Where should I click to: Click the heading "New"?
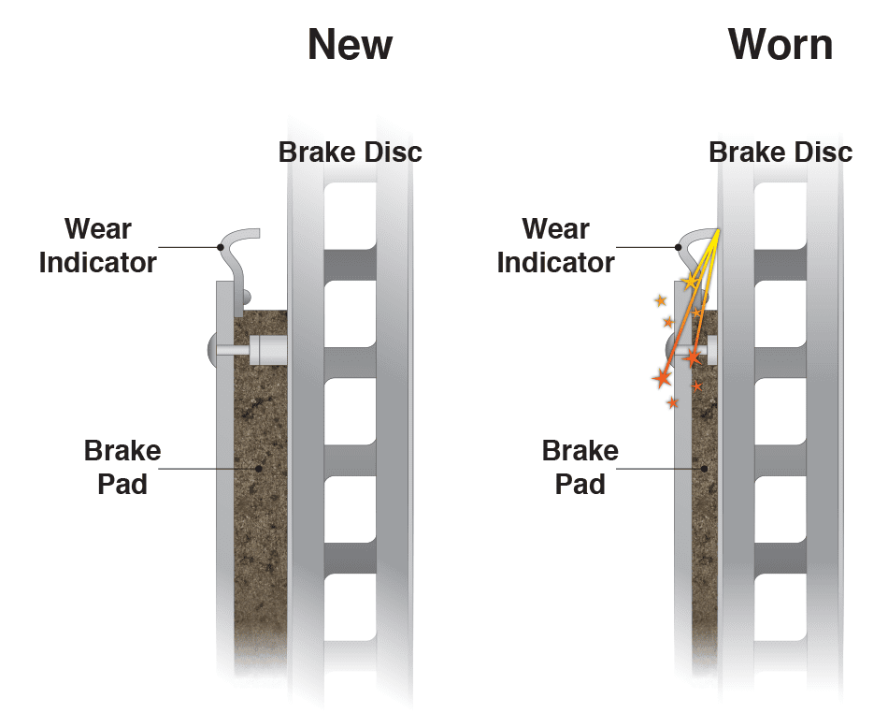[350, 45]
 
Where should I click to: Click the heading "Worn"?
[781, 45]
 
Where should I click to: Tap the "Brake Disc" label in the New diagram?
[351, 152]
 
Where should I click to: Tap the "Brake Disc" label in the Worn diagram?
[781, 152]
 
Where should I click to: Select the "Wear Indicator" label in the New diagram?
[97, 245]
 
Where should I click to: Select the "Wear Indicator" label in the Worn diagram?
[555, 245]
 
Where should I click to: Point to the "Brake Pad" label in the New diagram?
[122, 467]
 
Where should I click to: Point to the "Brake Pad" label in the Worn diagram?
[580, 467]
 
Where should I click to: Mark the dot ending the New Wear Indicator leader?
[220, 247]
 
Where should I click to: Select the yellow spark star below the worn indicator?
[690, 281]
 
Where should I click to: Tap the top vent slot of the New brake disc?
[351, 215]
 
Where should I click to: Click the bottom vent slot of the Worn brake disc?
[781, 608]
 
